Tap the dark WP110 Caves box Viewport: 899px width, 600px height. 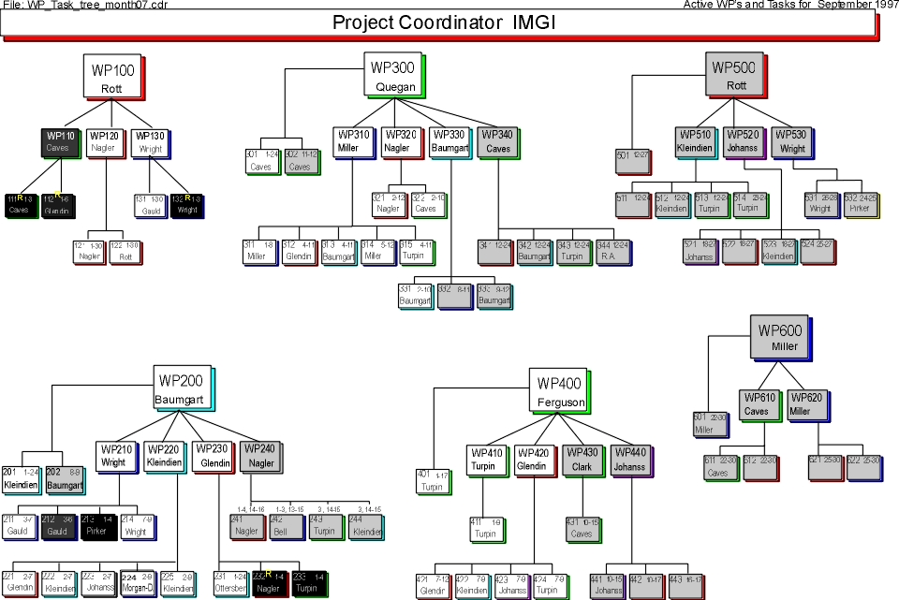click(x=58, y=141)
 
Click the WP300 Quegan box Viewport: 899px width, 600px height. click(x=392, y=73)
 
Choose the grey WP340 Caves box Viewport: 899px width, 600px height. click(x=498, y=140)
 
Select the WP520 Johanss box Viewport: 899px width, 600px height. click(x=744, y=140)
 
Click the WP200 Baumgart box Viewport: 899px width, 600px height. click(x=182, y=388)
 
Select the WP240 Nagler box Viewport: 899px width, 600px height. click(x=261, y=457)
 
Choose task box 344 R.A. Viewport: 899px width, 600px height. click(x=607, y=251)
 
